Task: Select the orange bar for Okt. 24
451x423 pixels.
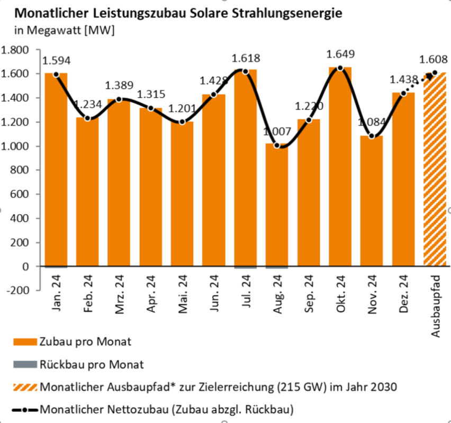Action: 340,169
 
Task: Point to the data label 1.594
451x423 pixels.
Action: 57,60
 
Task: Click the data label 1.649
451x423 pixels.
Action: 340,54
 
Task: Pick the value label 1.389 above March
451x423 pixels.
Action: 120,85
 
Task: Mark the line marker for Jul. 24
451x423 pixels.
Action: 245,71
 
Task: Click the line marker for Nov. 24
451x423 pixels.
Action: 372,136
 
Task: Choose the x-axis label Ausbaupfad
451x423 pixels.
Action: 436,307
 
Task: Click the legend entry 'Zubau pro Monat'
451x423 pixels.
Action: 85,342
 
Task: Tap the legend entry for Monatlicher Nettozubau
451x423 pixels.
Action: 166,409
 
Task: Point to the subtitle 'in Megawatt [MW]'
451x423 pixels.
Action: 59,31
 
